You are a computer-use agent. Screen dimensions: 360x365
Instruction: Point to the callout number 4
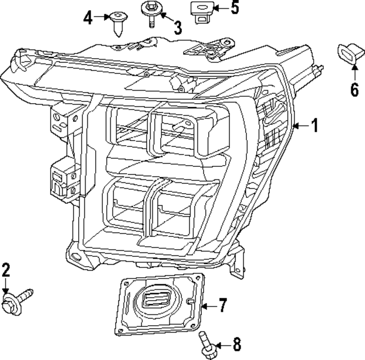88,18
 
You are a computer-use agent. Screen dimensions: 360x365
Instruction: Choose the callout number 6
354,89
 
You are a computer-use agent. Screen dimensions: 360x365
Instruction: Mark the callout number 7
222,306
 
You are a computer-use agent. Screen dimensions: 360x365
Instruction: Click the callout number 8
236,344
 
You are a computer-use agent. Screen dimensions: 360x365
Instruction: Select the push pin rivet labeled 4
120,23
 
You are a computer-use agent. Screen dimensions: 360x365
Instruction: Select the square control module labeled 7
160,305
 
